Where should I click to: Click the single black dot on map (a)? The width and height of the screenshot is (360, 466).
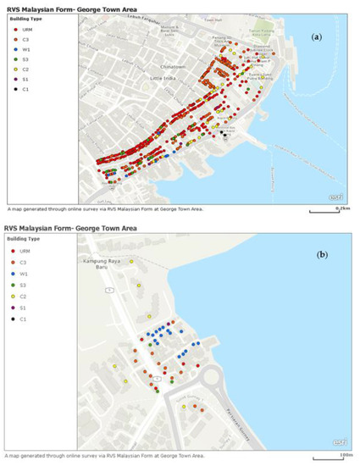pyautogui.click(x=223, y=133)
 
